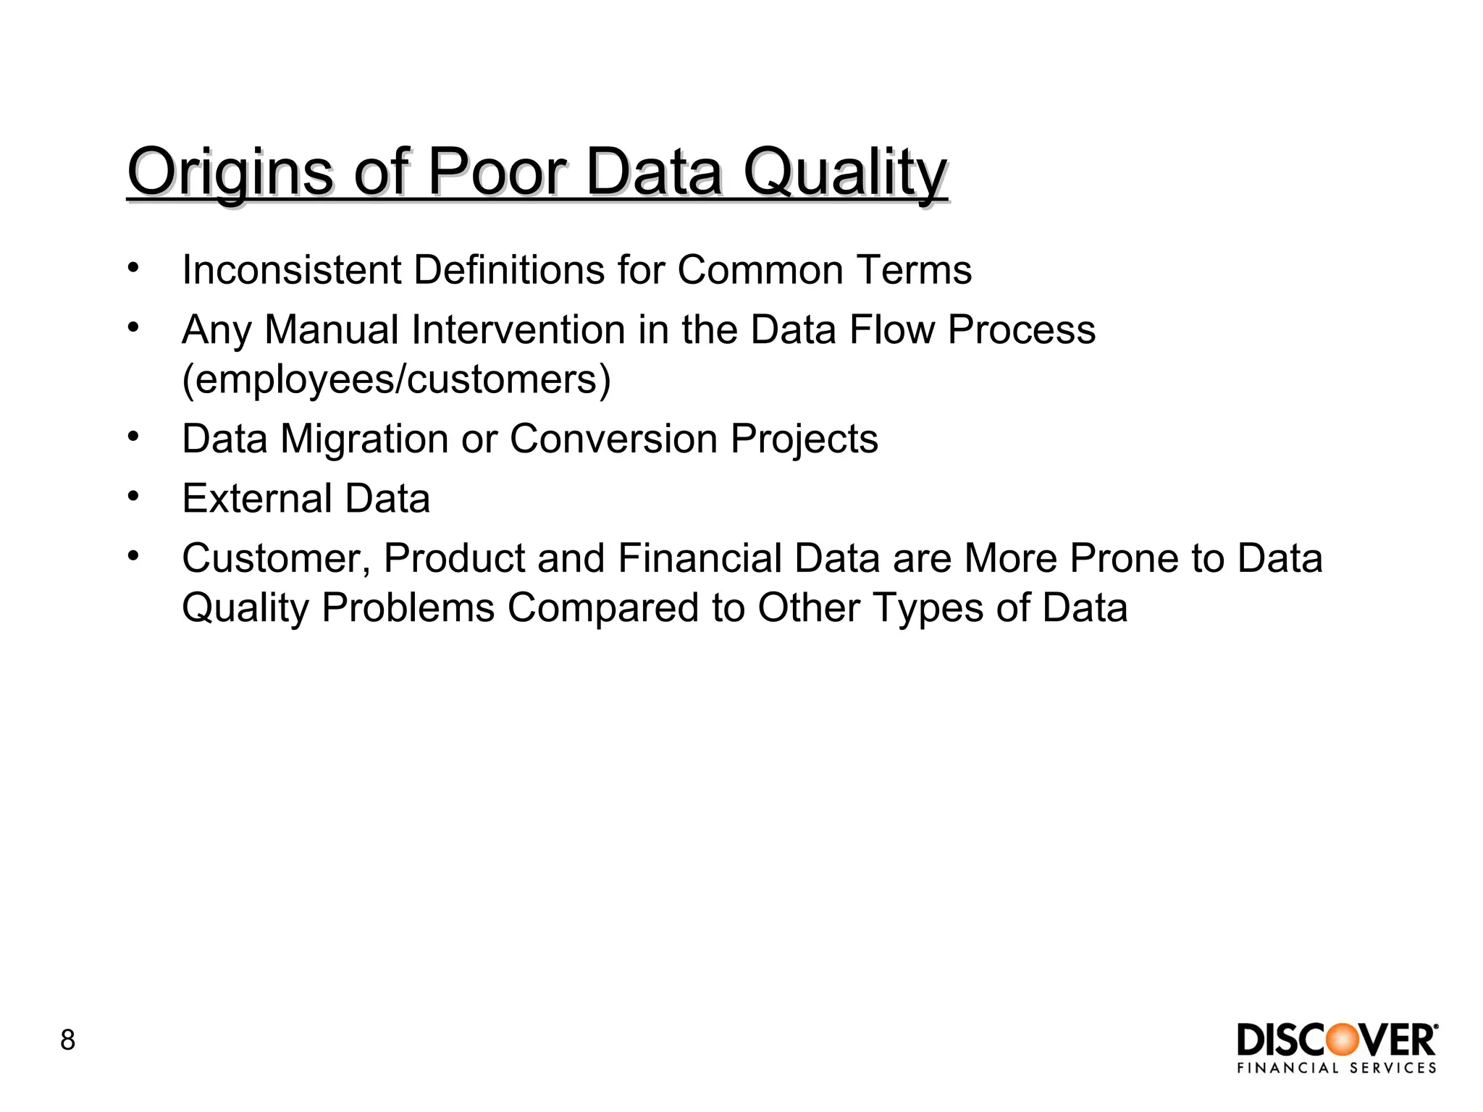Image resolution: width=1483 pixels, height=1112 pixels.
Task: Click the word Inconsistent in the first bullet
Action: [291, 270]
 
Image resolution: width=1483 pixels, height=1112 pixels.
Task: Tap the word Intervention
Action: [518, 330]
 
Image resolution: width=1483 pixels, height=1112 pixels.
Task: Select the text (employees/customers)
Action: [397, 379]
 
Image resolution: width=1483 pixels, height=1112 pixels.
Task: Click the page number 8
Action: [67, 1040]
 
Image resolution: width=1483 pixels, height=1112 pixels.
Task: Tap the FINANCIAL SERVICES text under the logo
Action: [1337, 1069]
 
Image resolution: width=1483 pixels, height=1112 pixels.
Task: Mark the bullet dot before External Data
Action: [133, 497]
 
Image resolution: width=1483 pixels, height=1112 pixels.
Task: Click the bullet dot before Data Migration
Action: [133, 437]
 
